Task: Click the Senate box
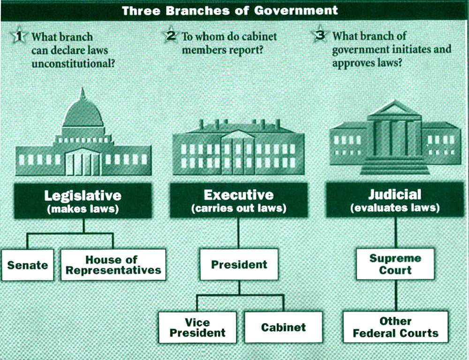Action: click(x=28, y=265)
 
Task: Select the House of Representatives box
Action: click(x=113, y=265)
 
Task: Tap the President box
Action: click(x=239, y=265)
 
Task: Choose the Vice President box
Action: click(x=197, y=327)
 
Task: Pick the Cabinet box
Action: click(x=283, y=327)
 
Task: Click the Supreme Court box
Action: click(x=395, y=264)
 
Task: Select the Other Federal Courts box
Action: click(x=395, y=327)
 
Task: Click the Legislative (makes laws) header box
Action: click(x=83, y=201)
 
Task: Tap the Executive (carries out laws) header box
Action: click(x=238, y=201)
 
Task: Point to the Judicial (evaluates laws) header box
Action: click(x=395, y=201)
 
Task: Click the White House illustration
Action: click(x=238, y=148)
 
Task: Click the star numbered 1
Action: click(x=19, y=36)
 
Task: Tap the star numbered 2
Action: click(x=170, y=36)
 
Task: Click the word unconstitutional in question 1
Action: click(x=73, y=63)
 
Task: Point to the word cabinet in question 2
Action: click(x=259, y=37)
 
